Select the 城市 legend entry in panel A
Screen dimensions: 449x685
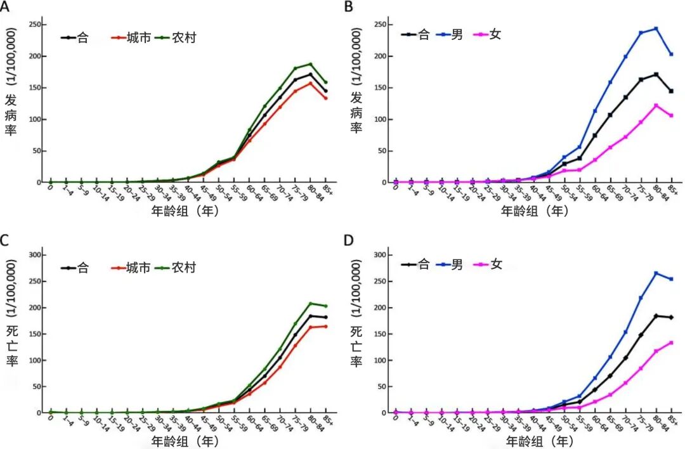coord(138,37)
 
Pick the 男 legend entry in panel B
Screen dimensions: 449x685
coord(457,34)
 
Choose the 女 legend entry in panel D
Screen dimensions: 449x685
coord(495,264)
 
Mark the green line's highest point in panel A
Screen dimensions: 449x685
coord(311,64)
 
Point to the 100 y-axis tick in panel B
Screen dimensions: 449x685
coord(378,119)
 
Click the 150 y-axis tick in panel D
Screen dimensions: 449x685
coord(378,334)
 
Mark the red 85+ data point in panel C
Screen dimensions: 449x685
coord(326,327)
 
